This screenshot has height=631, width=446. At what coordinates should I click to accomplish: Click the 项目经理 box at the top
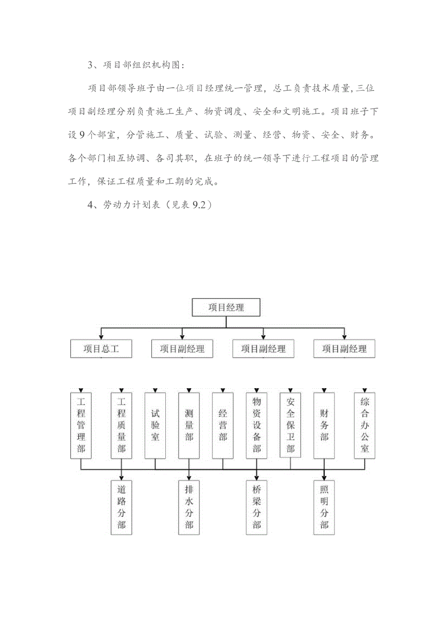click(226, 307)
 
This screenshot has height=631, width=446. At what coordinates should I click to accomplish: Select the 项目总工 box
click(101, 348)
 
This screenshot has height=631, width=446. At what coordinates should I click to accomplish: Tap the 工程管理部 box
click(81, 425)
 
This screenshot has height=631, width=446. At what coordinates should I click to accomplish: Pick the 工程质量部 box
click(121, 425)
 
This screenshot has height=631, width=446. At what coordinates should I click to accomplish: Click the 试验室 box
click(155, 425)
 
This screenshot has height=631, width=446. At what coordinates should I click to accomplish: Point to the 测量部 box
click(189, 425)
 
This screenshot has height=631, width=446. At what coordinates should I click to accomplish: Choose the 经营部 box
click(223, 425)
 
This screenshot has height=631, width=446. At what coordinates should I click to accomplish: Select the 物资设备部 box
click(256, 425)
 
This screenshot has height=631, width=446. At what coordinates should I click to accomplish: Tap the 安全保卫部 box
click(290, 425)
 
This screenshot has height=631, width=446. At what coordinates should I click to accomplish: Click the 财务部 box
click(324, 425)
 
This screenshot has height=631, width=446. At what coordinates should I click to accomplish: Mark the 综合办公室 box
click(364, 425)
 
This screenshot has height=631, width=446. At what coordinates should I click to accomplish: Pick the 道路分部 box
click(121, 507)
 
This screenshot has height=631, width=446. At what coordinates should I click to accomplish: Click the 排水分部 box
click(189, 507)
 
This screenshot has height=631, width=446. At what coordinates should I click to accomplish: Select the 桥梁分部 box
click(256, 507)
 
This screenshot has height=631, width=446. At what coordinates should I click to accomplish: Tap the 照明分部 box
click(324, 507)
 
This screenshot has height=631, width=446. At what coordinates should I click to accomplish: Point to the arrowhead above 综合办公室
click(364, 390)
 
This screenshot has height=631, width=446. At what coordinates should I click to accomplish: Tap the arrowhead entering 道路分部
click(121, 476)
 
